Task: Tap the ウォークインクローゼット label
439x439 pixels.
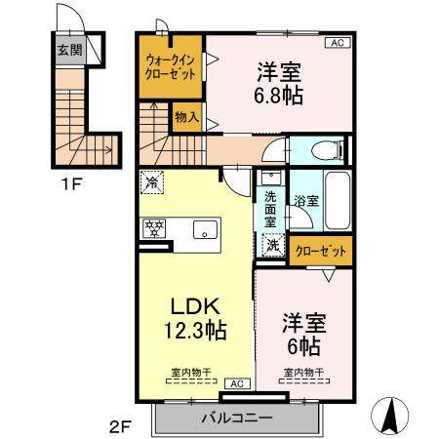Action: coord(170,67)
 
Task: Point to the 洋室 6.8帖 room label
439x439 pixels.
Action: coord(277,82)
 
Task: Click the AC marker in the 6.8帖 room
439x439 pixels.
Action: coord(336,43)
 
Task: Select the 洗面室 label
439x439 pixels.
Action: coord(270,207)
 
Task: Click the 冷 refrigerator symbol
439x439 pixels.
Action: coord(151,180)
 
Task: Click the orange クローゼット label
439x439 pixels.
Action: coord(321,251)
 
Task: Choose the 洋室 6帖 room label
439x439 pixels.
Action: coord(303,334)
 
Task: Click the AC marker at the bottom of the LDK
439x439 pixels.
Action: coord(236,383)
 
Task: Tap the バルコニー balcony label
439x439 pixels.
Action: coord(237,418)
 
